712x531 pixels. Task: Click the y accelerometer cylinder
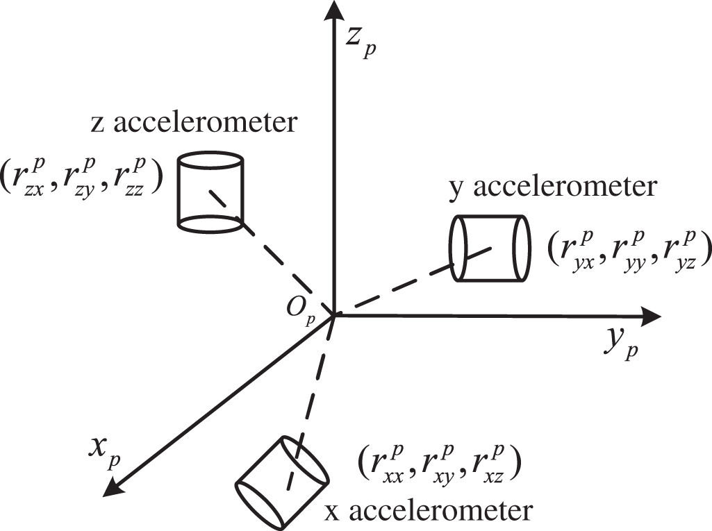click(490, 248)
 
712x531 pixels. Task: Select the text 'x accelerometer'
click(429, 512)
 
